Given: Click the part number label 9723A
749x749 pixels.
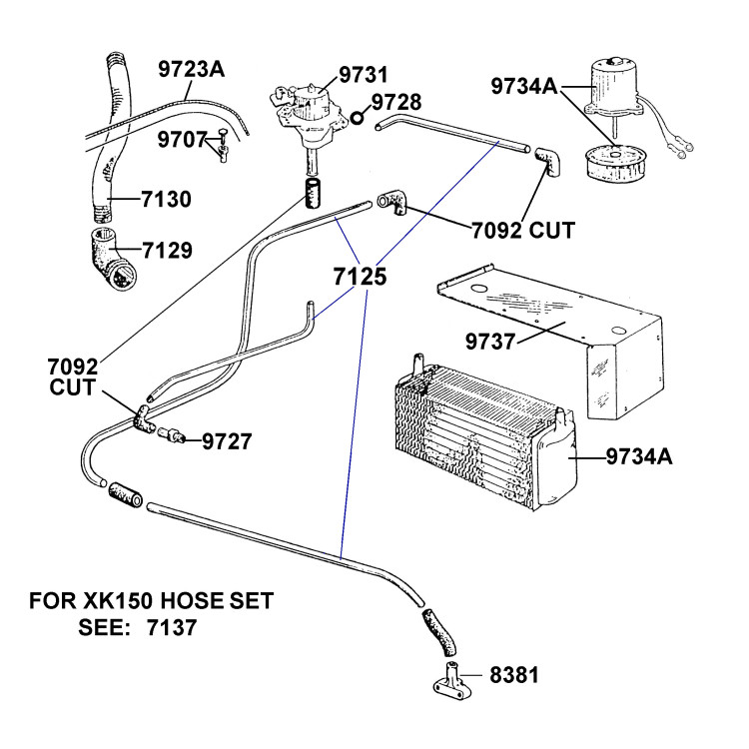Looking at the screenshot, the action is (x=191, y=69).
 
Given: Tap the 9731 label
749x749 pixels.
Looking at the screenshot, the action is (x=364, y=75).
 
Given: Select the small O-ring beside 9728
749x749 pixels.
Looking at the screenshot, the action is (x=357, y=117).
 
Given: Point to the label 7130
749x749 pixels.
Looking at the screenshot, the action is (x=166, y=199).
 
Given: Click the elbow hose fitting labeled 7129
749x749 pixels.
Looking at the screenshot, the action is (x=113, y=259).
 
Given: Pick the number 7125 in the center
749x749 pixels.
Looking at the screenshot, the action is (x=360, y=277).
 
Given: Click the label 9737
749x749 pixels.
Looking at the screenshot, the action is (x=490, y=342).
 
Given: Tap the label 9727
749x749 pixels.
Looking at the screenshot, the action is (x=227, y=441).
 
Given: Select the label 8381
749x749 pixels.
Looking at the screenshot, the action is (x=514, y=675).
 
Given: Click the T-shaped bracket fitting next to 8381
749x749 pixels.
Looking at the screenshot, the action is (x=451, y=680).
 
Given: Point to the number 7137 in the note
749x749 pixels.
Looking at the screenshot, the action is (x=172, y=627).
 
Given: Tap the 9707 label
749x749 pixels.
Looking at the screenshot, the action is (x=182, y=140).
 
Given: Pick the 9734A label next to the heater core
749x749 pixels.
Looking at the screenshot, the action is (x=639, y=456).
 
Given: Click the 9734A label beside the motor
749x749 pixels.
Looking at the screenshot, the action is (x=524, y=87).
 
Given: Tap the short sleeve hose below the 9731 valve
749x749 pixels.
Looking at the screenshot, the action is (x=313, y=194).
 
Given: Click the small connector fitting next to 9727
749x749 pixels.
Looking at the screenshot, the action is (x=171, y=435).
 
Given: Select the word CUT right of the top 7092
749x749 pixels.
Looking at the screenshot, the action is (x=551, y=231).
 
